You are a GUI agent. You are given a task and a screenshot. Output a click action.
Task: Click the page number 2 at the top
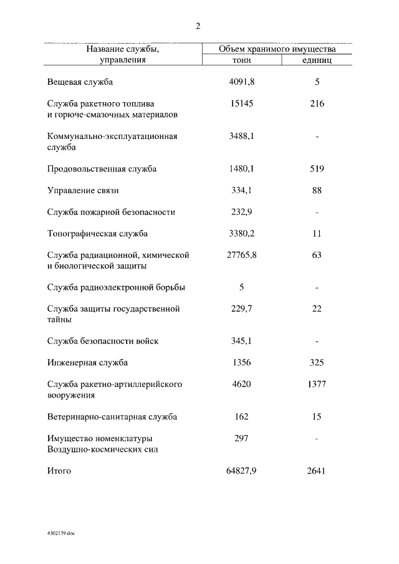[x=198, y=26]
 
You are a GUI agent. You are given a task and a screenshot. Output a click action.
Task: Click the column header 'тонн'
[x=241, y=60]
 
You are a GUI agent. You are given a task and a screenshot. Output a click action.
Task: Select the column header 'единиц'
[x=317, y=60]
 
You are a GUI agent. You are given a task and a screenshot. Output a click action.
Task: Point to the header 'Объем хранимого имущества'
[x=277, y=49]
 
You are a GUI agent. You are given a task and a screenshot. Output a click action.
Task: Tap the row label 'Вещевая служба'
[x=80, y=82]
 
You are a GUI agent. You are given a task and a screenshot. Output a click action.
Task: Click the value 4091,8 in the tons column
[x=242, y=82]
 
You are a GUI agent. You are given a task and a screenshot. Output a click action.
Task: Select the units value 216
[x=317, y=103]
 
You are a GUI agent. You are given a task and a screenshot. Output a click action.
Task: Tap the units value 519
[x=317, y=169]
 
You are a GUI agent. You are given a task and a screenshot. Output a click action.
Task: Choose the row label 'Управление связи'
[x=83, y=191]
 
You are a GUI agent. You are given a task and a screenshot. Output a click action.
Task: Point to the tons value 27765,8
[x=242, y=255]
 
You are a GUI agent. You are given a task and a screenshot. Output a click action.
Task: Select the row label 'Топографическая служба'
[x=97, y=234]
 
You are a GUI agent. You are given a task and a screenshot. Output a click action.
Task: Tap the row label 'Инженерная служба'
[x=87, y=363]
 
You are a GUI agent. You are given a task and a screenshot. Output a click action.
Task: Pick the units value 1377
[x=317, y=385]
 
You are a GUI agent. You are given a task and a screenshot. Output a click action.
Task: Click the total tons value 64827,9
[x=242, y=471]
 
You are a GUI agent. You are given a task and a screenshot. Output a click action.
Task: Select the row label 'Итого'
[x=59, y=471]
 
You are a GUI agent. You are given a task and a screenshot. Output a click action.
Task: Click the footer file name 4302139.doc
[x=60, y=534]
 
